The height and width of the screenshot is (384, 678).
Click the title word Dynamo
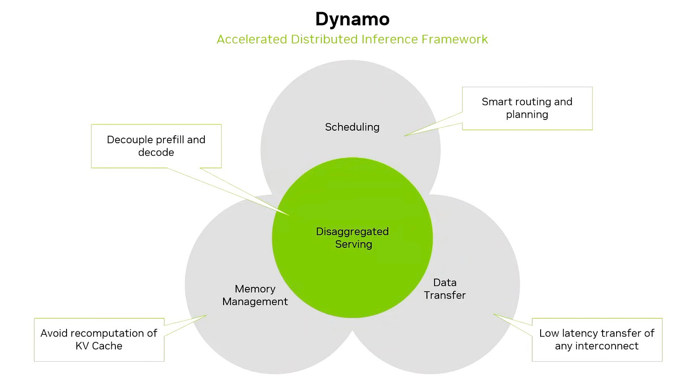[x=352, y=20]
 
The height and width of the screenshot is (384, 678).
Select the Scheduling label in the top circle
[x=352, y=127]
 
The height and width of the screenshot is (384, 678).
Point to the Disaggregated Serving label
[x=353, y=238]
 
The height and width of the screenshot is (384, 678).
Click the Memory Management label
[x=255, y=295]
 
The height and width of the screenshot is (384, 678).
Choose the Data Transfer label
[x=445, y=289]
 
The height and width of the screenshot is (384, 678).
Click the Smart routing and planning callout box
[x=527, y=108]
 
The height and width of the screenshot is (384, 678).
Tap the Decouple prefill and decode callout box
[x=156, y=146]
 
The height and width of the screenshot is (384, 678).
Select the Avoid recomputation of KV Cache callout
[x=99, y=339]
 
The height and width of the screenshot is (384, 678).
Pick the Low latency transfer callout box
[x=597, y=339]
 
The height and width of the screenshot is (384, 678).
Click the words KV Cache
[x=99, y=346]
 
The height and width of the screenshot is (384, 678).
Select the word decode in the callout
[x=156, y=152]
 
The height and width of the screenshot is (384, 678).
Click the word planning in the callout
[x=527, y=114]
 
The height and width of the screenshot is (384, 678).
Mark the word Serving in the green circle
[x=353, y=244]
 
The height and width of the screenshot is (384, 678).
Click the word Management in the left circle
[x=255, y=302]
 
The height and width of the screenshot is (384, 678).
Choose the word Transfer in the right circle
[x=445, y=295]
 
